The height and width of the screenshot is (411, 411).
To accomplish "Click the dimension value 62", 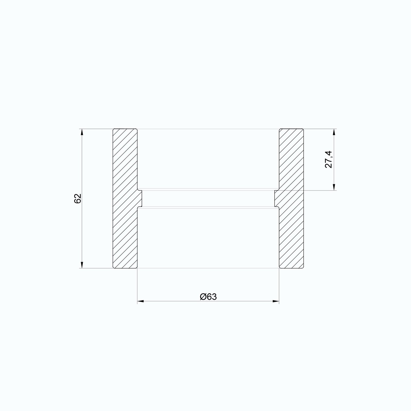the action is (78, 198).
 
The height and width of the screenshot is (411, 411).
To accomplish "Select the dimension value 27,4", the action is (329, 159).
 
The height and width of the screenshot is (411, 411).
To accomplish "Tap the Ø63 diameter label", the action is (208, 297).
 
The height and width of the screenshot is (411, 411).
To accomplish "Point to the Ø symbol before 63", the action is (203, 297).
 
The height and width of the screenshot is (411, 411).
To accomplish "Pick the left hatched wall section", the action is (125, 198).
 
